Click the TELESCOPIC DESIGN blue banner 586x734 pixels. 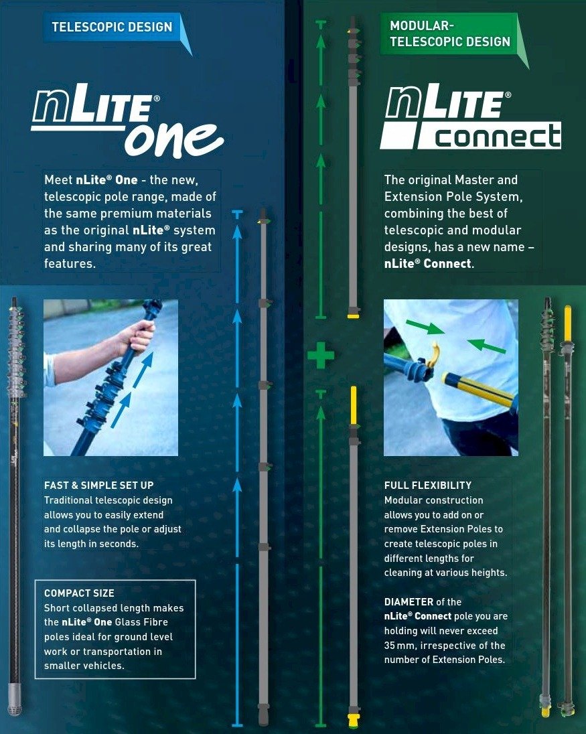point(112,27)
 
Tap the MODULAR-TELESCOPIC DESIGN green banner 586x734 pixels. point(449,33)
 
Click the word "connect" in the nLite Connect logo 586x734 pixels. point(498,137)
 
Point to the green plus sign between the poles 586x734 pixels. point(321,356)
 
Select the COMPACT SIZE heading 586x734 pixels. point(79,593)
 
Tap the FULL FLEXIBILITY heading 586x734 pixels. point(428,485)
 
